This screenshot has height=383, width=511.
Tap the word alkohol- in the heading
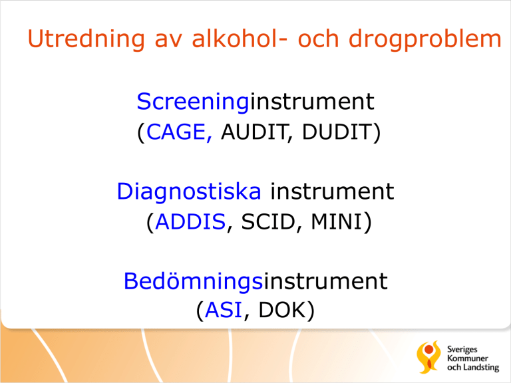point(240,39)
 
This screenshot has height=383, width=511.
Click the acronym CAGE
point(176,132)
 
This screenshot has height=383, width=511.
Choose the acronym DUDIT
point(337,132)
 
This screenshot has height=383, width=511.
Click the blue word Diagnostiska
point(189,191)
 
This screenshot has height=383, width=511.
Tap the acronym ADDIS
point(191,222)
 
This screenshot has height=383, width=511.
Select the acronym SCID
point(267,222)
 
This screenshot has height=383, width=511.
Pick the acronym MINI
point(337,222)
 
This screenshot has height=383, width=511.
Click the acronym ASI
point(224,310)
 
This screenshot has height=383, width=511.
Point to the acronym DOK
point(281,310)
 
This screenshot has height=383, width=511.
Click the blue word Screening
point(193,102)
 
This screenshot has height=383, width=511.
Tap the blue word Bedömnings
point(193,281)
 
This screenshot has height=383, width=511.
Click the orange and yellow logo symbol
point(428,357)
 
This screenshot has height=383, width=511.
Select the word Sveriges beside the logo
point(462,350)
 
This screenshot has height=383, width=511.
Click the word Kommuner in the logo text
point(467,358)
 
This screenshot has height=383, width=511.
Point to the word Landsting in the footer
point(481,368)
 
